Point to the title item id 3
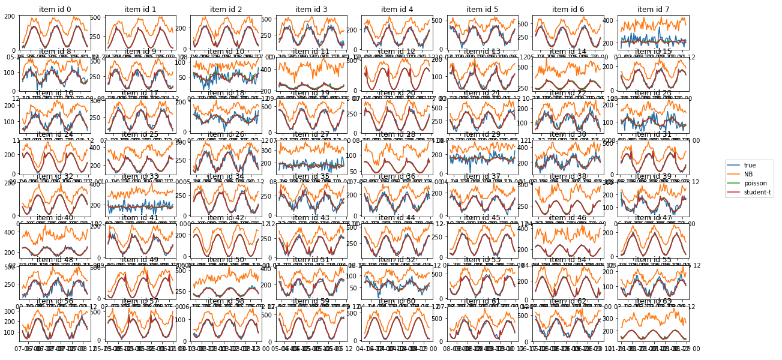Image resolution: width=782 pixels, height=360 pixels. [x=311, y=9]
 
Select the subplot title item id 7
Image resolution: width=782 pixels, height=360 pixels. [x=654, y=9]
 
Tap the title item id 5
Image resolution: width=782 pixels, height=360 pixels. [x=483, y=9]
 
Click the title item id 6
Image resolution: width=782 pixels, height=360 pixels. [x=568, y=9]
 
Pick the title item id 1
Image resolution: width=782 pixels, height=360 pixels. [x=140, y=9]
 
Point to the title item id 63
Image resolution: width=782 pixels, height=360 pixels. [x=654, y=301]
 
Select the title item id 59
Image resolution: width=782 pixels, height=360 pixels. [x=311, y=301]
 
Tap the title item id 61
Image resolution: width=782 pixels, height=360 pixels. [x=483, y=301]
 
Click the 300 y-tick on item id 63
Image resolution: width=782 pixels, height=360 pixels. [x=611, y=315]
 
